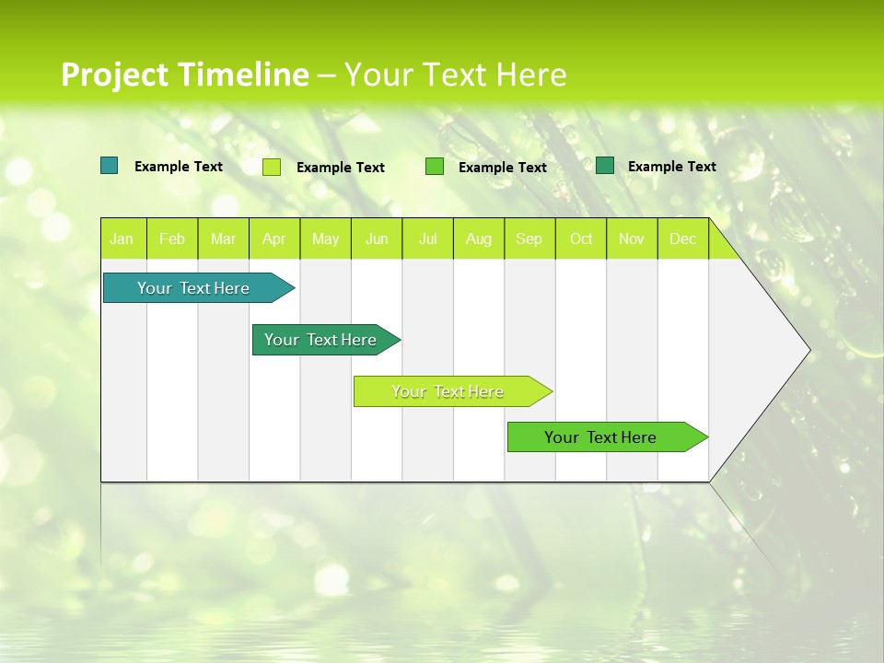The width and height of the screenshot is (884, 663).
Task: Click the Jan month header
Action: [122, 239]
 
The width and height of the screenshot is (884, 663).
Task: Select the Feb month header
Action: [172, 239]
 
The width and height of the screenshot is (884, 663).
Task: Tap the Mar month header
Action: [223, 239]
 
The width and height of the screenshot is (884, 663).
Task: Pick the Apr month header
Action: [274, 239]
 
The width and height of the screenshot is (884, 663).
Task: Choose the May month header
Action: [325, 239]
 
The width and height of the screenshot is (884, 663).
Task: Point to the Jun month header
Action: [377, 239]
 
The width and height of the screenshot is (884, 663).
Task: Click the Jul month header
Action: [427, 239]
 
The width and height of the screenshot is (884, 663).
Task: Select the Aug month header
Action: [479, 239]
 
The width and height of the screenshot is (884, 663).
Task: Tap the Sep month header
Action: [529, 239]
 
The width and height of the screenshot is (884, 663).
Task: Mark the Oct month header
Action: [581, 239]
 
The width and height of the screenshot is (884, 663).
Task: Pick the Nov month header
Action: [632, 239]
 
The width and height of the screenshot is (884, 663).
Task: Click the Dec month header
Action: [683, 239]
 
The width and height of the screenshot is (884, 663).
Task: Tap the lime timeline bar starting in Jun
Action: [448, 391]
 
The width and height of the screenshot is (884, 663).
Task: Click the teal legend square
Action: [110, 166]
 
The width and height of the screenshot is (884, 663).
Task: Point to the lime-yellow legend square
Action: [272, 167]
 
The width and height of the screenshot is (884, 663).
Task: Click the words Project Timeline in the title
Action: [185, 75]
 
